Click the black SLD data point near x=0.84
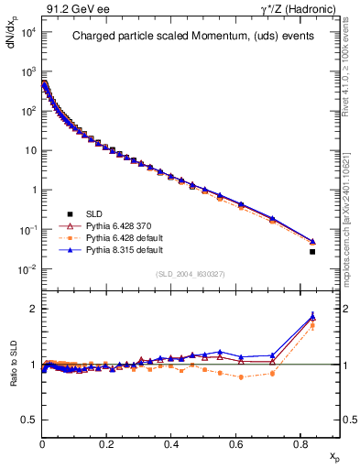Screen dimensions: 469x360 [x=312, y=251]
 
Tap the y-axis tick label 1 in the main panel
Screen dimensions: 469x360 [x=32, y=191]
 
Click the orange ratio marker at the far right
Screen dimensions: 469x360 [x=312, y=325]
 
